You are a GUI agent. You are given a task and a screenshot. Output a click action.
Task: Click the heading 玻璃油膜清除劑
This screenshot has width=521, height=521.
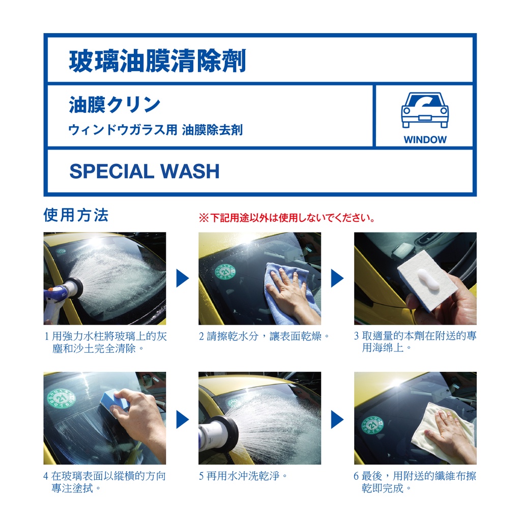pyautogui.click(x=158, y=61)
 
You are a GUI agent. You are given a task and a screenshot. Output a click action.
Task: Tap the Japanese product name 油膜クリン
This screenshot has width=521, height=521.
pyautogui.click(x=114, y=105)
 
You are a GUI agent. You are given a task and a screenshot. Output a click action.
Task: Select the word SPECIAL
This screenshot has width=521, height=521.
pyautogui.click(x=112, y=171)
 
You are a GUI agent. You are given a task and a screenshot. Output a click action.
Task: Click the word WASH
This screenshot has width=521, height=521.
pyautogui.click(x=190, y=171)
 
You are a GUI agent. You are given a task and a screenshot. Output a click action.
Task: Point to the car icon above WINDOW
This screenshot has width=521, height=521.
pyautogui.click(x=425, y=110)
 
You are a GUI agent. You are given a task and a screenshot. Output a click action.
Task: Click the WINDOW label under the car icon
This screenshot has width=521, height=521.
pyautogui.click(x=425, y=139)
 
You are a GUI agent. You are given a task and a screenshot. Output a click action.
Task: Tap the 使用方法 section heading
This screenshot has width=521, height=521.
pyautogui.click(x=76, y=215)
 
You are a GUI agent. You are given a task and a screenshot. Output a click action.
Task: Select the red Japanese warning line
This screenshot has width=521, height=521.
pyautogui.click(x=287, y=218)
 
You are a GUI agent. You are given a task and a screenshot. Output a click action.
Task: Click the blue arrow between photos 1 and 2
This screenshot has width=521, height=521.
pyautogui.click(x=183, y=278)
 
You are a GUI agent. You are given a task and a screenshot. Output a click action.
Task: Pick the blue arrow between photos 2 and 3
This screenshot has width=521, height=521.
pyautogui.click(x=337, y=278)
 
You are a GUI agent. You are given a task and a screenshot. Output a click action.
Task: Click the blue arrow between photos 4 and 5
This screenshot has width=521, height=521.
pyautogui.click(x=183, y=419)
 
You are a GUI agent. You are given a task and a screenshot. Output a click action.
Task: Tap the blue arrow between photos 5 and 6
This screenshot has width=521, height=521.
pyautogui.click(x=337, y=419)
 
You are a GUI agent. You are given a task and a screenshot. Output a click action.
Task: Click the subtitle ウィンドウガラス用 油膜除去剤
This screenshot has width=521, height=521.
pyautogui.click(x=156, y=130)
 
